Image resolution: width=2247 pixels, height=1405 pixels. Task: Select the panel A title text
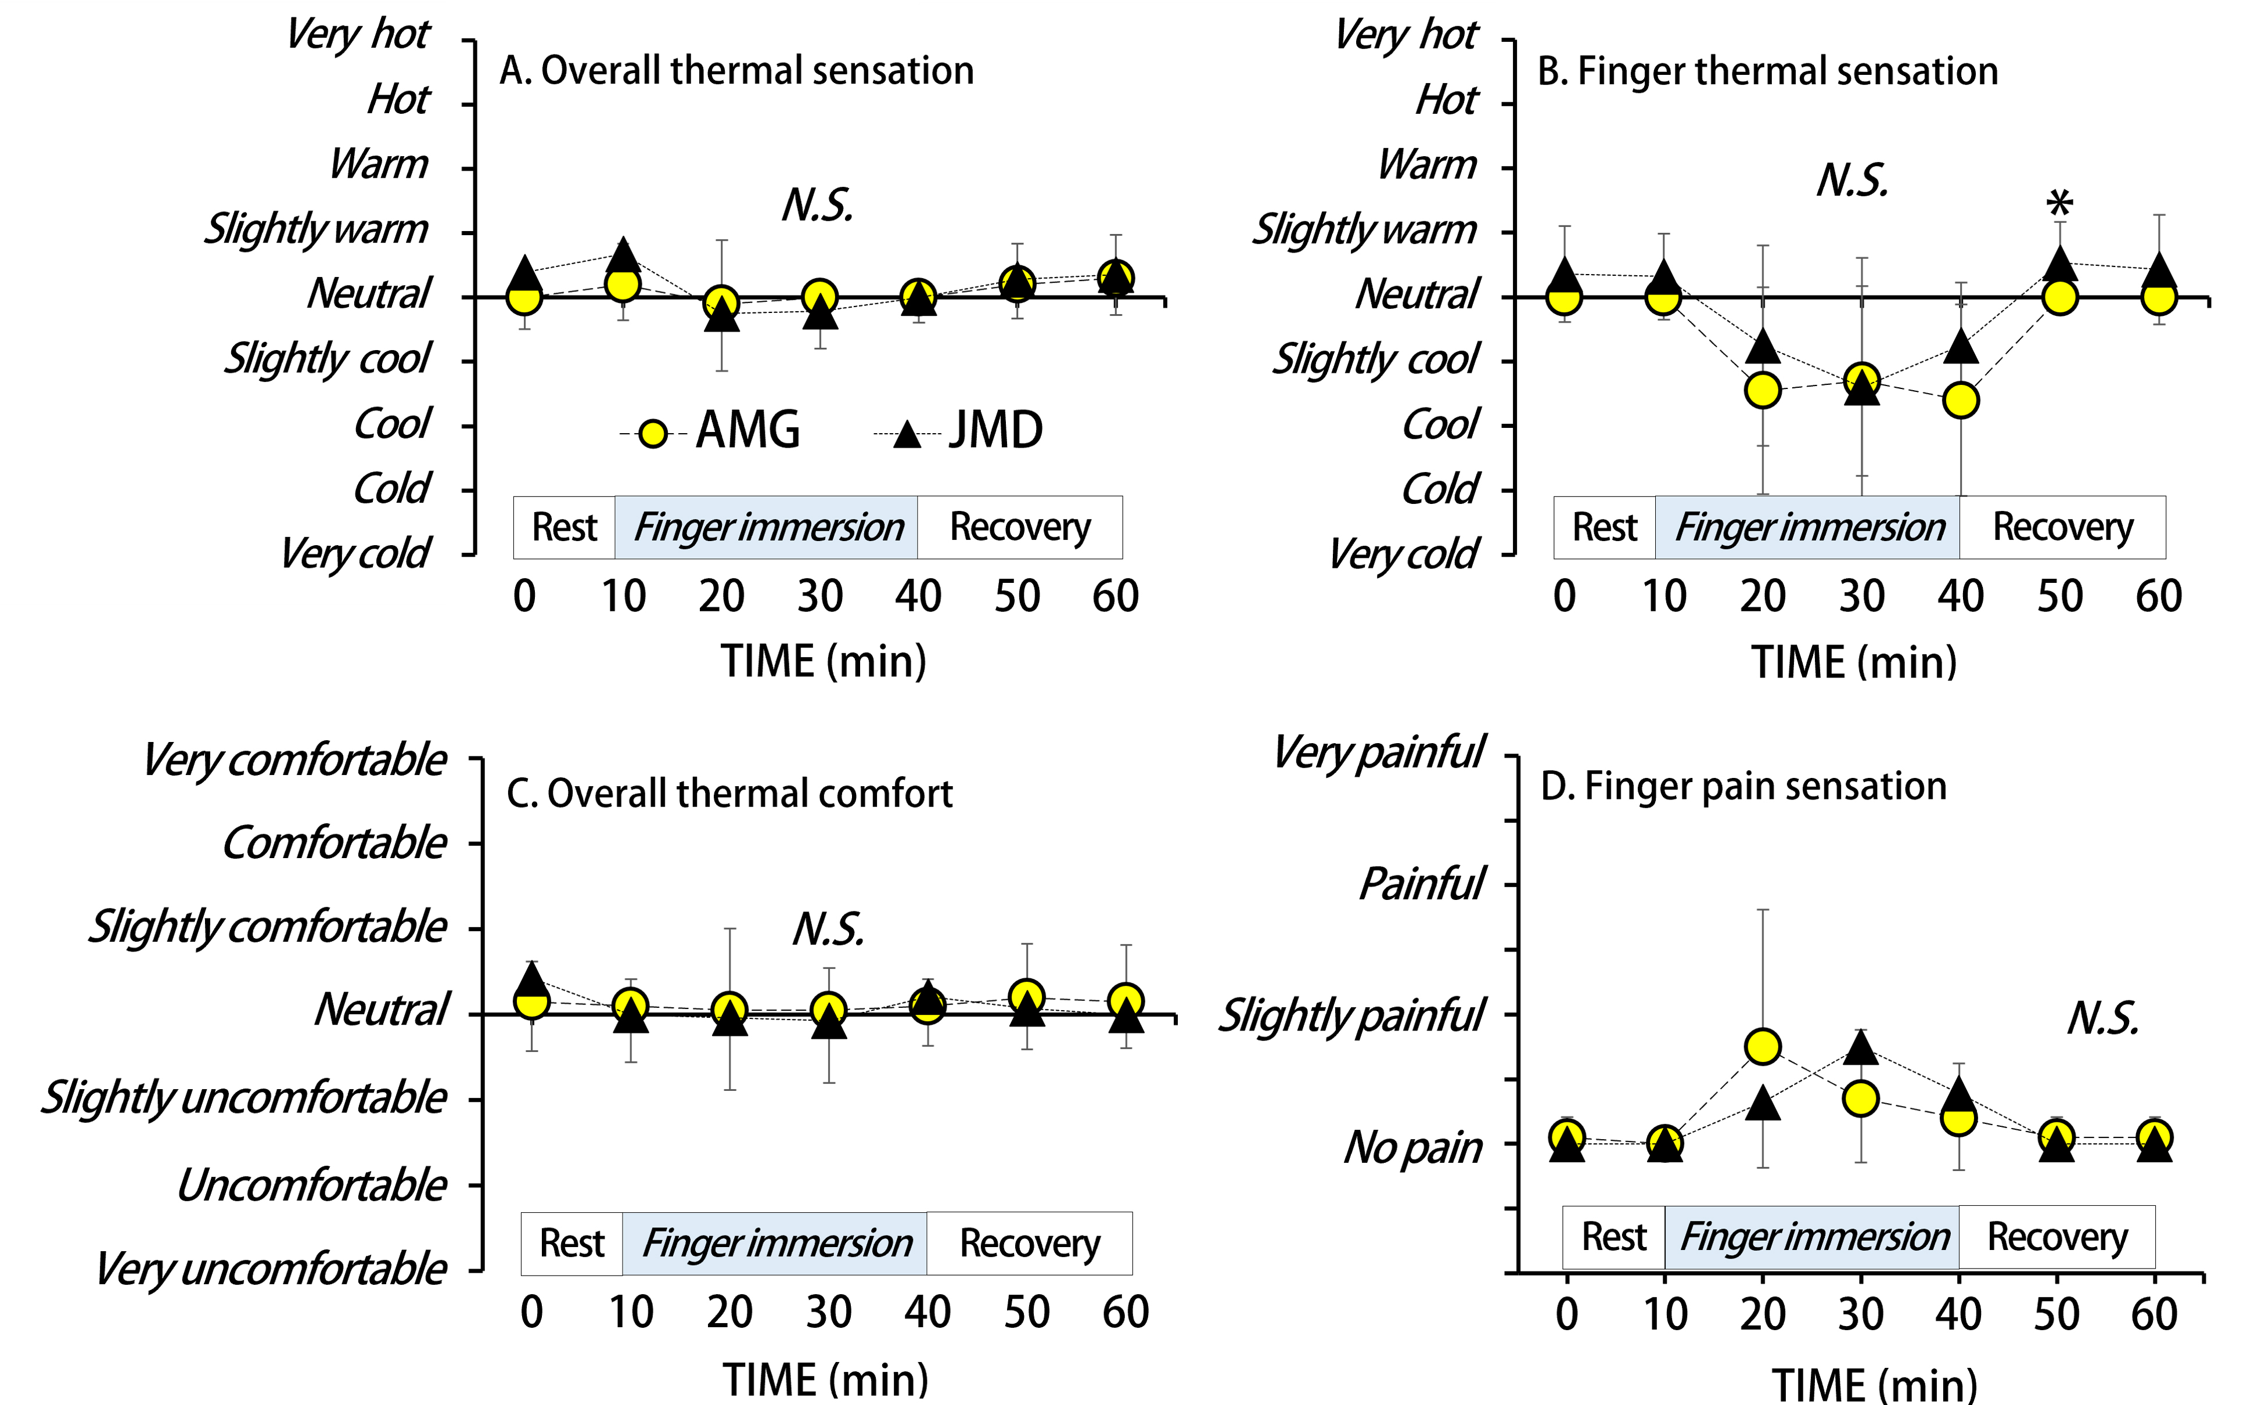[x=736, y=71]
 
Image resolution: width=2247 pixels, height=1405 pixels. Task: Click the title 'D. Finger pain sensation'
[x=1743, y=786]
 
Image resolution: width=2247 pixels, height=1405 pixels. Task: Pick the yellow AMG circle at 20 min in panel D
[x=1763, y=1046]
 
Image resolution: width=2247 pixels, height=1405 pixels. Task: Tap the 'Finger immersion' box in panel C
[x=775, y=1244]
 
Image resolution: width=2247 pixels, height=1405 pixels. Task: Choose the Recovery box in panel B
[x=2062, y=527]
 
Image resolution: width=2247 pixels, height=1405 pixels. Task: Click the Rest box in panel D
[x=1613, y=1237]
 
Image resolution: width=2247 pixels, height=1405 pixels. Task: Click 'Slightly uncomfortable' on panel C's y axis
[x=243, y=1097]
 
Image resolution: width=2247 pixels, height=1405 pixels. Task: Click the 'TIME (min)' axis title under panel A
[x=824, y=662]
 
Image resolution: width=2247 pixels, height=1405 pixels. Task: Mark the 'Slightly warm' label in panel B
[x=1364, y=229]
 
